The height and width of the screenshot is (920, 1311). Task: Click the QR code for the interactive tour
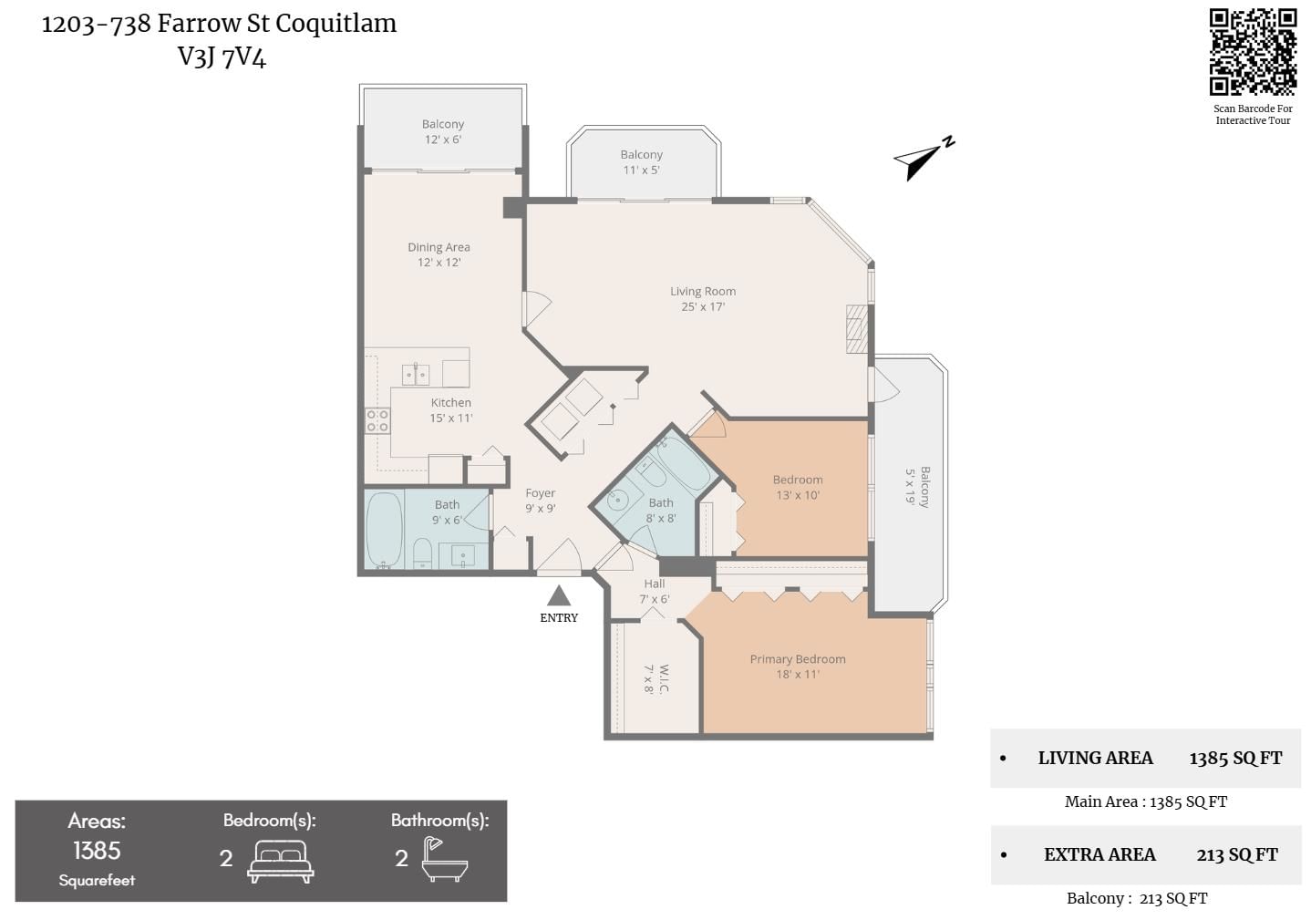coord(1253,52)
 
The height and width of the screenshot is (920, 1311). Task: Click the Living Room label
coord(703,292)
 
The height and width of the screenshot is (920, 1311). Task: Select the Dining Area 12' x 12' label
coord(439,254)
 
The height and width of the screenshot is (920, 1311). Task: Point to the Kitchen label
coord(450,403)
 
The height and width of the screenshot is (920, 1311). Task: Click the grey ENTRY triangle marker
coord(559,595)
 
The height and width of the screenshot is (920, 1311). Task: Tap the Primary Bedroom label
coord(798,659)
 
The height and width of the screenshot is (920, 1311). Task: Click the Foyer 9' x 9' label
coord(541,501)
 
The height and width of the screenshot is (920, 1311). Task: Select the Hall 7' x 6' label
coord(655,591)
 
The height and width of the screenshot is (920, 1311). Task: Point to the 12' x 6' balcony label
coord(443,131)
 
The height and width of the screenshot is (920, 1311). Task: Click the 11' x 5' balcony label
coord(642,162)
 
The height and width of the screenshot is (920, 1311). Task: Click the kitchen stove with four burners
coord(377,420)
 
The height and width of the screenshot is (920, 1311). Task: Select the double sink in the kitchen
coord(416,374)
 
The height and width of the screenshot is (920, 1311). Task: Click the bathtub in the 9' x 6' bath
coord(384,529)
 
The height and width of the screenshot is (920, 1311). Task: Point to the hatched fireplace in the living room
coord(857,329)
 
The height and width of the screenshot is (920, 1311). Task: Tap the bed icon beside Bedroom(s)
coord(281,861)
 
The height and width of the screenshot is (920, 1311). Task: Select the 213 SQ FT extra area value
coord(1237,854)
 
